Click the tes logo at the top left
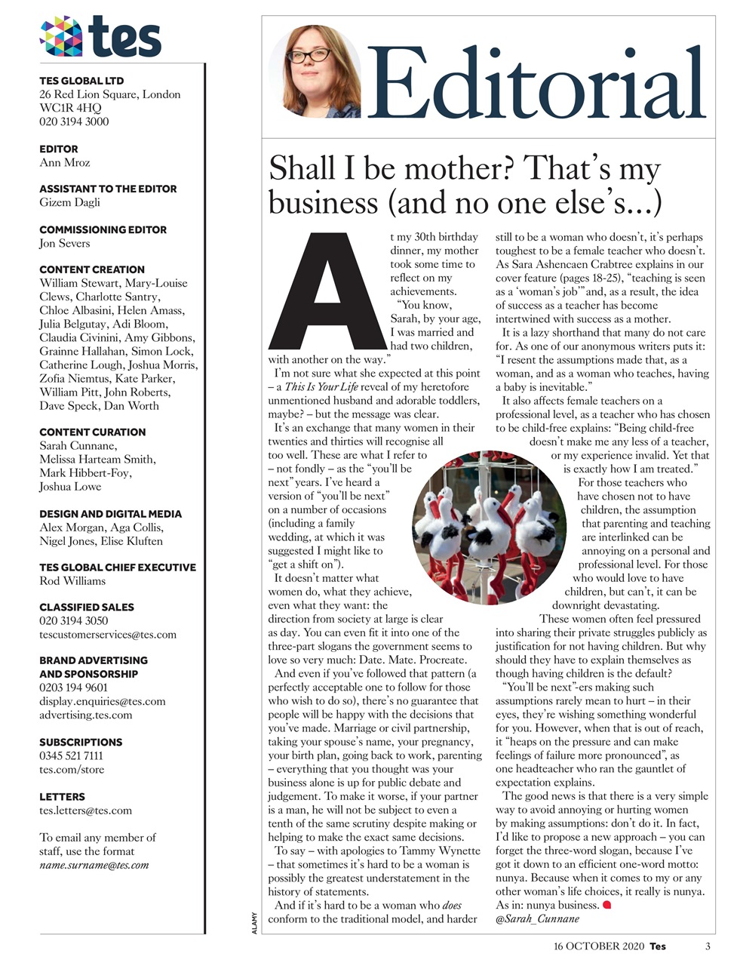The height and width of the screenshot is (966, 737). (100, 35)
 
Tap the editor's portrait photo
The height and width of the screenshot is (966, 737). (315, 72)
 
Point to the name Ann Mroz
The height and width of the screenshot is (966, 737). (65, 162)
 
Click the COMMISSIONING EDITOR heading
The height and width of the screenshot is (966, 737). (103, 229)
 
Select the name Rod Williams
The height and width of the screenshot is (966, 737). (72, 581)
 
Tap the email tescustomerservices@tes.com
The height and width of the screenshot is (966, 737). (108, 635)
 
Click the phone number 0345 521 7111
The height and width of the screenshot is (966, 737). (71, 755)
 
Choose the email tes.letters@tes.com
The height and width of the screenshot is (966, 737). (85, 811)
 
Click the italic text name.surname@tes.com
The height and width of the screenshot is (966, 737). (94, 865)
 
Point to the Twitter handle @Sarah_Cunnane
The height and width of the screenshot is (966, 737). (537, 918)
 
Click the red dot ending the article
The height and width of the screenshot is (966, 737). (607, 904)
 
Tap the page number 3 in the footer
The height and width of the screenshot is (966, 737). (708, 946)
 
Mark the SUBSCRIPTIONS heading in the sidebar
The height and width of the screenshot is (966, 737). (81, 742)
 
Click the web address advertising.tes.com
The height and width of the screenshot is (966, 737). (85, 715)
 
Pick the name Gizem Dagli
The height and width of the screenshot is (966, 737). (69, 202)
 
